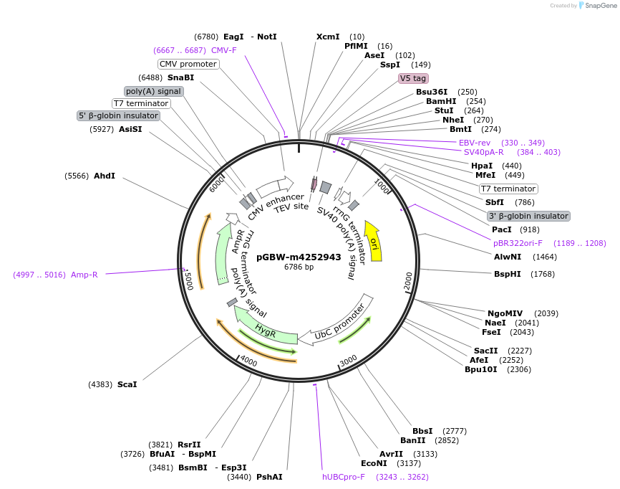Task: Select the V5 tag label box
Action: coord(413,78)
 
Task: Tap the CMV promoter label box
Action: coord(188,64)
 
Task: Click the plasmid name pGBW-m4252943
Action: coord(299,257)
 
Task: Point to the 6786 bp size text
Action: coord(299,267)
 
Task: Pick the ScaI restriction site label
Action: coord(127,384)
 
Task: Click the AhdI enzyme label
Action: coord(105,176)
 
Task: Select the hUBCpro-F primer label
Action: coord(344,476)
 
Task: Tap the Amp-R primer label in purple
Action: coord(84,275)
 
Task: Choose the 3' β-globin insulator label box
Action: coord(528,216)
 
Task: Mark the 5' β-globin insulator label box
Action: coord(119,115)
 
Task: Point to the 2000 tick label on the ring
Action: coord(408,282)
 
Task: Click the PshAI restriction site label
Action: coord(269,477)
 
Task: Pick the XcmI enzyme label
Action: coord(328,37)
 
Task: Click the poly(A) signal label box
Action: coord(154,91)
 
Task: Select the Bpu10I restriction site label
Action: coord(481,369)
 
